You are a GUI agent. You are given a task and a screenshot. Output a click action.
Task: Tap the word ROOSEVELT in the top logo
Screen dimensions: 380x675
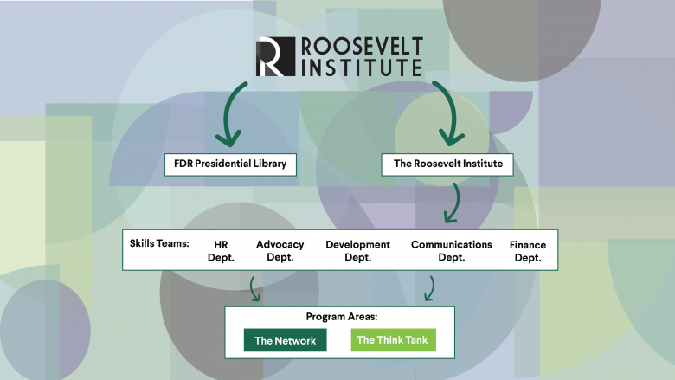coord(360,46)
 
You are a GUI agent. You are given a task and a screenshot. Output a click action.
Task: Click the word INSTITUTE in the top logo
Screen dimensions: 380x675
coord(359,67)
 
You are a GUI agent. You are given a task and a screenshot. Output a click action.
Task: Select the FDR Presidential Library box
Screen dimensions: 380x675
coord(230,163)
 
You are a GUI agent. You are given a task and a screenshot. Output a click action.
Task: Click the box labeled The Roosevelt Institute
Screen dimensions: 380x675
coord(448,163)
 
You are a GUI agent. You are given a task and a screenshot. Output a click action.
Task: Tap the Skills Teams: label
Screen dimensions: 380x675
coord(159,244)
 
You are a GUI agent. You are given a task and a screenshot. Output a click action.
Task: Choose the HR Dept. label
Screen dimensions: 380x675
coord(221,251)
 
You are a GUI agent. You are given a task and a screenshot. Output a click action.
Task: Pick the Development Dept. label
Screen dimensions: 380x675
coord(357,251)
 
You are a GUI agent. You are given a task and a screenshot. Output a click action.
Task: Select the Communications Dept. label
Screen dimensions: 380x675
coord(451,251)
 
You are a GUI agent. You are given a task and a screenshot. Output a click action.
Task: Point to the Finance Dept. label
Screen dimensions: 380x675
coord(527,251)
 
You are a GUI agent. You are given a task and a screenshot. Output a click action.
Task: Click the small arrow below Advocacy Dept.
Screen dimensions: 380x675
coord(254,289)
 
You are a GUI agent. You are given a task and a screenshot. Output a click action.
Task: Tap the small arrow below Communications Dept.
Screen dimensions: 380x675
coord(428,289)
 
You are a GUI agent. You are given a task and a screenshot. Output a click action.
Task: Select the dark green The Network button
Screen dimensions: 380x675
coord(285,340)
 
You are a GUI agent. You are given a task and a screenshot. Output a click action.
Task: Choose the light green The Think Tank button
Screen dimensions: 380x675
coord(393,340)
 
